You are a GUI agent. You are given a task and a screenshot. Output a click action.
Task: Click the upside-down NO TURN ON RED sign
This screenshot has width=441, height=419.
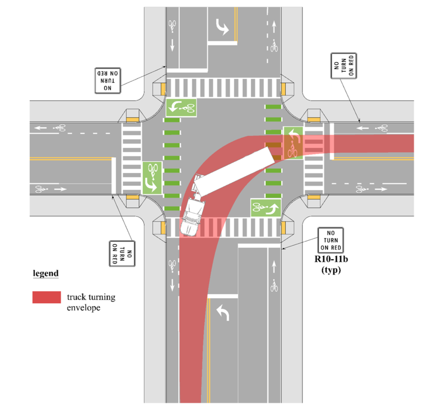pyautogui.click(x=107, y=80)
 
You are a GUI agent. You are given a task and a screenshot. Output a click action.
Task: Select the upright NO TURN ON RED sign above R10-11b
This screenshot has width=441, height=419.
pyautogui.click(x=331, y=240)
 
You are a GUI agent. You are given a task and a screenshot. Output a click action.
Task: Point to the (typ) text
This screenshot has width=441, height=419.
pyautogui.click(x=331, y=270)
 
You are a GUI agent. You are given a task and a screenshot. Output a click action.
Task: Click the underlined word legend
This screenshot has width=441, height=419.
pyautogui.click(x=46, y=274)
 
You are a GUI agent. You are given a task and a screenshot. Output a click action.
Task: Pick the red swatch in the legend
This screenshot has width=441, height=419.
pyautogui.click(x=47, y=297)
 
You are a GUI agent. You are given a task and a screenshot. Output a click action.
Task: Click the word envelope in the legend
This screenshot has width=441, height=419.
pyautogui.click(x=83, y=308)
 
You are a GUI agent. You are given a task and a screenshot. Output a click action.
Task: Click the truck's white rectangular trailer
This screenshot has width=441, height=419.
pyautogui.click(x=235, y=171)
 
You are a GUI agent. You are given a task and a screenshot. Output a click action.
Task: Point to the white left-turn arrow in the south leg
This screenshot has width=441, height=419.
pyautogui.click(x=223, y=313)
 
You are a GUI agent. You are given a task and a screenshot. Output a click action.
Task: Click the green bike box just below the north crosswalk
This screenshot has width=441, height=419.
pyautogui.click(x=181, y=107)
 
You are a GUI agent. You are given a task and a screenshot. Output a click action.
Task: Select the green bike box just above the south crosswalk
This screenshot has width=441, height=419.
pyautogui.click(x=266, y=208)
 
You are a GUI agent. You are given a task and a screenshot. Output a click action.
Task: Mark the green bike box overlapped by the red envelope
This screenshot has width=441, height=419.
pyautogui.click(x=293, y=143)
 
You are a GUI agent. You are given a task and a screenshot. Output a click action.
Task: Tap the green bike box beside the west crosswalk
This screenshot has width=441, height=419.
pyautogui.click(x=152, y=178)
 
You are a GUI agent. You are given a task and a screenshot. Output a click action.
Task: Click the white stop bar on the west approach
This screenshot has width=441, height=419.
pyautogui.click(x=114, y=176)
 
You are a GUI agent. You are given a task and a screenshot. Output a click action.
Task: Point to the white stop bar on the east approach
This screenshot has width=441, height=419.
pyautogui.click(x=332, y=142)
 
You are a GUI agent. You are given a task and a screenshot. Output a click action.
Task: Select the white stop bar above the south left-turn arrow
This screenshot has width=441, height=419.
pyautogui.click(x=223, y=296)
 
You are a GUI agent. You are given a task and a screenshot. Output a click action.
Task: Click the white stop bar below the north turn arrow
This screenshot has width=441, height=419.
pyautogui.click(x=223, y=43)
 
